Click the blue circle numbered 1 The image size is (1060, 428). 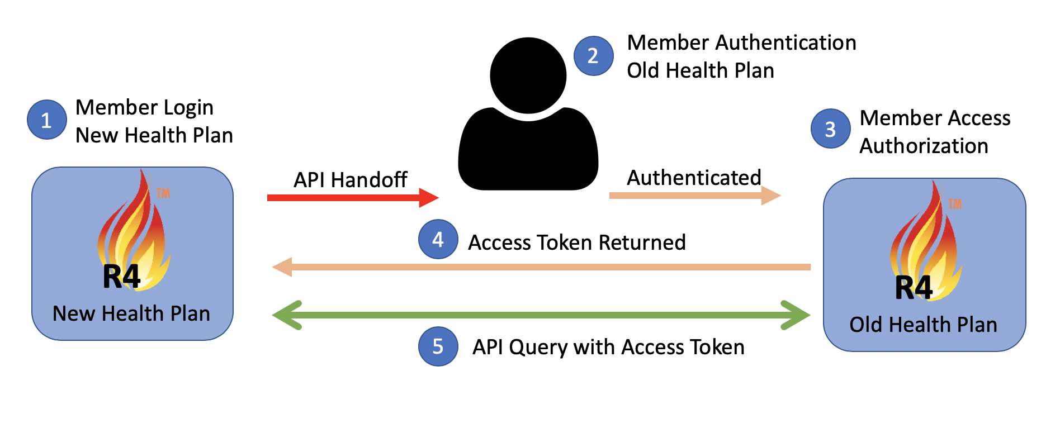pos(47,120)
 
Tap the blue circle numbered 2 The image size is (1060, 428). pos(593,56)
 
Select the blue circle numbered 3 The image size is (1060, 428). pos(831,129)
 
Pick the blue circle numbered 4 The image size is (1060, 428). pos(438,239)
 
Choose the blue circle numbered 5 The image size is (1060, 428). pos(438,346)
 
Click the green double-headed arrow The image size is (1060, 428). pos(541,315)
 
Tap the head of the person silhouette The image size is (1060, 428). pos(528,75)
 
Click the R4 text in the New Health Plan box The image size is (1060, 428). pos(121,277)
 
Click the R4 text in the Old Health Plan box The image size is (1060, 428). pos(914,288)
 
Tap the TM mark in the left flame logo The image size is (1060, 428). pos(163,193)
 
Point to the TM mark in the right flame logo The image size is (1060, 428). pos(955,204)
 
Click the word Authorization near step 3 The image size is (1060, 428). pos(924,146)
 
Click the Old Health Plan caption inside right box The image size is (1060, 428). pos(923,325)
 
